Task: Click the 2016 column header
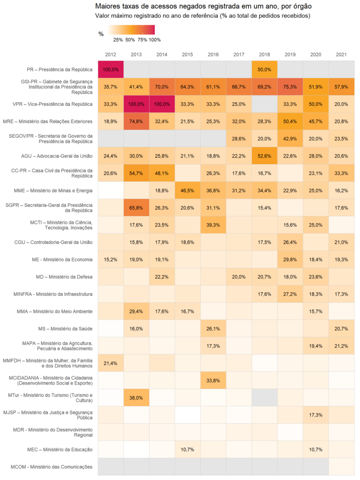coord(213,55)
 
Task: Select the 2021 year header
coord(341,55)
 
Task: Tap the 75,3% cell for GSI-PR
coord(290,87)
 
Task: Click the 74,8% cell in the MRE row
coord(136,121)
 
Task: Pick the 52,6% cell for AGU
coord(264,156)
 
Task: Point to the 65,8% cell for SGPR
coord(136,208)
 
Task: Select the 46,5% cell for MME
coord(187,190)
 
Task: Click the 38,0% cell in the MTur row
coord(136,397)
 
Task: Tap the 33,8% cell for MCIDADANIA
coord(213,380)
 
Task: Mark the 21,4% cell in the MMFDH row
coord(111,363)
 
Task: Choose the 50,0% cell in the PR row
coord(264,69)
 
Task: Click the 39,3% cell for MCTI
coord(213,225)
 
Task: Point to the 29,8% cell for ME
coord(290,259)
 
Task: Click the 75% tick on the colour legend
coord(142,40)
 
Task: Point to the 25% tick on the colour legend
coord(118,40)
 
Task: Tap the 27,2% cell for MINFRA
coord(290,294)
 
